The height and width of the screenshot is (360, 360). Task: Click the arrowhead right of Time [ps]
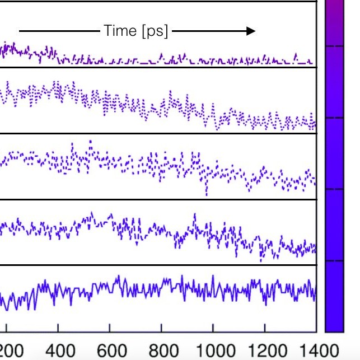(250, 31)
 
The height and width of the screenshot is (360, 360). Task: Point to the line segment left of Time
(59, 31)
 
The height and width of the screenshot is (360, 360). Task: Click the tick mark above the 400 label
(58, 328)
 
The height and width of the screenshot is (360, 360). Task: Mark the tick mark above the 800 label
(161, 328)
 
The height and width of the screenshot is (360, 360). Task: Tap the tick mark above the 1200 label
(265, 328)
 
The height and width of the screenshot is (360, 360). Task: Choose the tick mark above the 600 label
(110, 328)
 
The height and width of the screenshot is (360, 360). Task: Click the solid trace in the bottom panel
(168, 287)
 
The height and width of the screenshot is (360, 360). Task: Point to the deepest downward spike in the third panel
(207, 194)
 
